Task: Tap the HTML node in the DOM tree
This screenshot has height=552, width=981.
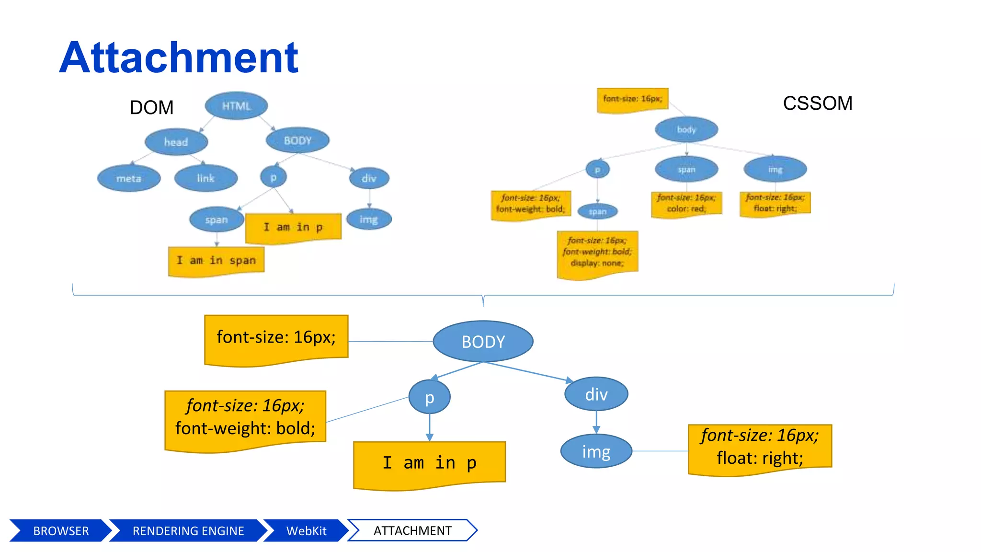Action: click(x=236, y=106)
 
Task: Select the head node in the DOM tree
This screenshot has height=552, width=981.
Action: click(x=176, y=142)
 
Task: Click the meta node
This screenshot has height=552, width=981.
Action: click(x=129, y=178)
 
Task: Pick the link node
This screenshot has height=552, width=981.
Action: click(x=206, y=178)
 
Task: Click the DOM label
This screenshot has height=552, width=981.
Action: click(x=151, y=107)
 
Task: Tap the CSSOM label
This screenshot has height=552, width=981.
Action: click(x=817, y=103)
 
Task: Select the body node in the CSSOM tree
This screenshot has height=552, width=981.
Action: click(x=686, y=129)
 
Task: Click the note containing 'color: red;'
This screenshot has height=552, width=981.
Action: click(x=686, y=204)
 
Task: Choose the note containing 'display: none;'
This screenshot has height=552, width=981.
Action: click(x=597, y=253)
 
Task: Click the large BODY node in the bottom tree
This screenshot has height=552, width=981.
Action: click(x=483, y=342)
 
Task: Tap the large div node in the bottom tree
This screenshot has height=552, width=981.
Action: click(x=596, y=394)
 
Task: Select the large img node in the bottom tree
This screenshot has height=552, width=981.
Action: click(x=596, y=451)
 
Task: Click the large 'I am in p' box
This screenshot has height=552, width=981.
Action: click(x=429, y=463)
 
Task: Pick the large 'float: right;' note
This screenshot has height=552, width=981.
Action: click(x=760, y=448)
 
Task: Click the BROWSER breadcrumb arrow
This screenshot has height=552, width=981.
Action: click(x=60, y=530)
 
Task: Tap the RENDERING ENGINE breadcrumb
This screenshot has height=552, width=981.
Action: click(x=188, y=530)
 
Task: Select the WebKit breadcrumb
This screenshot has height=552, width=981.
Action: click(x=306, y=530)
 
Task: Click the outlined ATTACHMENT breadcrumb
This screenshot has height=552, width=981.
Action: click(x=412, y=530)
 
